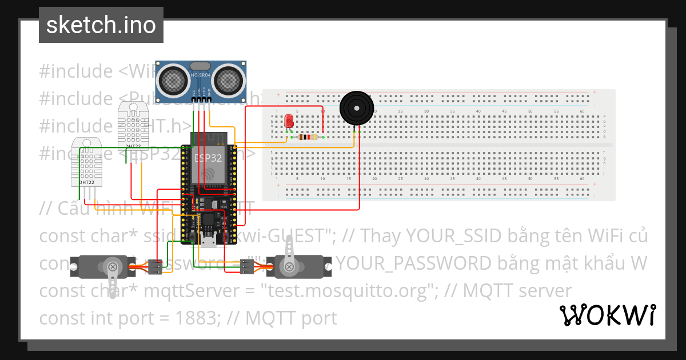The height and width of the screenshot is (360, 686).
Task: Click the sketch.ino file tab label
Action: pyautogui.click(x=101, y=25)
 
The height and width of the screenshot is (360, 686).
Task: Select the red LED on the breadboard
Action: pyautogui.click(x=289, y=121)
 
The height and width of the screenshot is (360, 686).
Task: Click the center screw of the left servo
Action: pyautogui.click(x=113, y=266)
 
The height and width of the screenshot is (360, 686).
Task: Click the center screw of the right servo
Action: pyautogui.click(x=289, y=266)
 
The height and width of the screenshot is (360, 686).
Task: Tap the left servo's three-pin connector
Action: pyautogui.click(x=154, y=266)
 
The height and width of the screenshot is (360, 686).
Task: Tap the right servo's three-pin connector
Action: pyautogui.click(x=246, y=266)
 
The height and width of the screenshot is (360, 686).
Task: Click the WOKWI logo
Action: pyautogui.click(x=607, y=315)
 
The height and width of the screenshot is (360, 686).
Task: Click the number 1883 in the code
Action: pyautogui.click(x=200, y=318)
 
